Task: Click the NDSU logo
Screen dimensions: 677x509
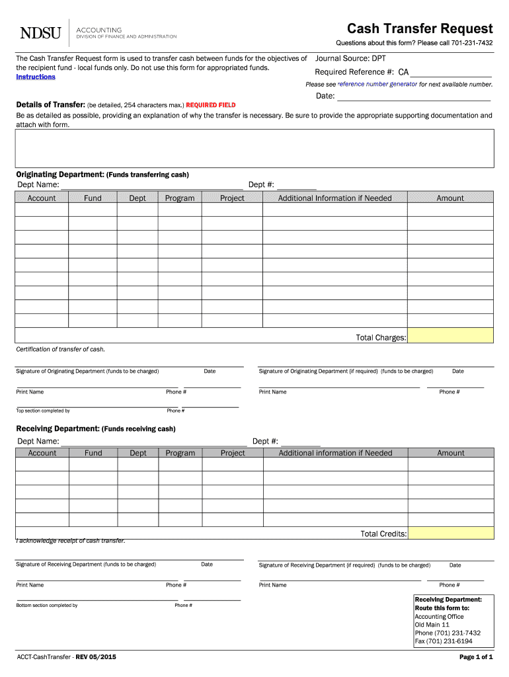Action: pyautogui.click(x=40, y=32)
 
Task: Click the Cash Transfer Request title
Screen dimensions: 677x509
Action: pyautogui.click(x=420, y=28)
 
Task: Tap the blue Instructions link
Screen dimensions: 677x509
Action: pyautogui.click(x=36, y=77)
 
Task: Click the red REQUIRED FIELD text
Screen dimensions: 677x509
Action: pyautogui.click(x=210, y=105)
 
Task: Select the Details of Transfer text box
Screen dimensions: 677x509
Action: pyautogui.click(x=255, y=147)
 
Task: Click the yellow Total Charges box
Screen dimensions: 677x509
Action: pyautogui.click(x=450, y=336)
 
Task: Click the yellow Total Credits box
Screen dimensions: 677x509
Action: pyautogui.click(x=450, y=533)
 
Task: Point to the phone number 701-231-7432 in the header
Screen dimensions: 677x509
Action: pyautogui.click(x=472, y=44)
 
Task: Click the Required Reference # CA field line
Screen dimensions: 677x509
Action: pyautogui.click(x=451, y=73)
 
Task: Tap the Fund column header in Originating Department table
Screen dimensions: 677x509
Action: pyautogui.click(x=93, y=198)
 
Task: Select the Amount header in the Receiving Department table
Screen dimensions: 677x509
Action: pyautogui.click(x=451, y=453)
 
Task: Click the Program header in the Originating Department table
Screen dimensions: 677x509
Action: pyautogui.click(x=180, y=198)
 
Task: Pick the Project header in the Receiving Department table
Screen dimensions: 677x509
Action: pyautogui.click(x=233, y=453)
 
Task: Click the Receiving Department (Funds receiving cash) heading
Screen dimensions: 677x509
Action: pyautogui.click(x=96, y=428)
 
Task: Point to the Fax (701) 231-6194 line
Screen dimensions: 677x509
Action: pyautogui.click(x=444, y=641)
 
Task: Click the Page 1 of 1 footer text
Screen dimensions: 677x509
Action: pyautogui.click(x=476, y=657)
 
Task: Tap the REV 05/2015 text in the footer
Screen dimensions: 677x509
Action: pyautogui.click(x=97, y=657)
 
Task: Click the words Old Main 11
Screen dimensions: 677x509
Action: pyautogui.click(x=432, y=625)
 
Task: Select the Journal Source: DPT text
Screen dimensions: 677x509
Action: pyautogui.click(x=351, y=58)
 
